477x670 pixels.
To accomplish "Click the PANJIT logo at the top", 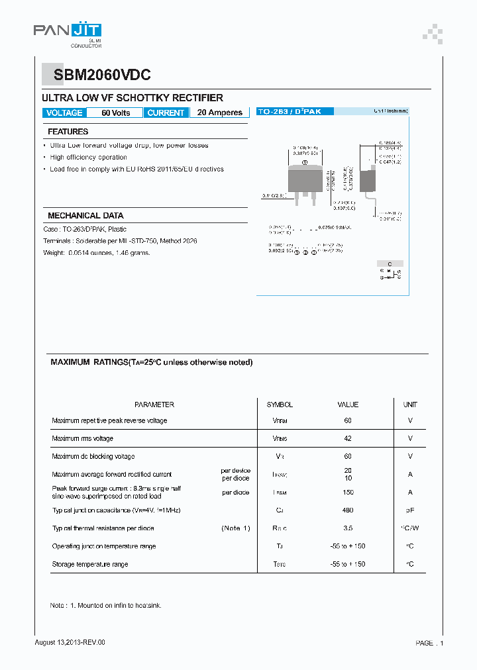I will point(67,30).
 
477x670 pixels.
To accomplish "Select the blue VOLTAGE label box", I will point(64,113).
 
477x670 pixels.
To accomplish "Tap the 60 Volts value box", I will point(115,113).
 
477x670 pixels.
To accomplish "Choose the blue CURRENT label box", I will point(166,113).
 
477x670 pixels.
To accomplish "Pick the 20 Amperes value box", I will point(219,113).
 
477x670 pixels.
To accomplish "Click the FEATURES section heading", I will point(68,132).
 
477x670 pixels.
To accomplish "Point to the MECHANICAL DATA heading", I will point(85,216).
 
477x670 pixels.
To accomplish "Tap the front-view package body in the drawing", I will point(305,179).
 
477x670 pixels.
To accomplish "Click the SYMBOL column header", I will point(280,405).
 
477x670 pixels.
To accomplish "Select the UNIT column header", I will point(410,405).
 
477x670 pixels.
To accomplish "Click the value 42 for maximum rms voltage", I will point(348,438).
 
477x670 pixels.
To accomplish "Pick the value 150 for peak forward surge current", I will point(348,493).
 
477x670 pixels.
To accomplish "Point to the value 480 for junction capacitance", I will point(348,510).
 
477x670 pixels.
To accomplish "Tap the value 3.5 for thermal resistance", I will point(348,528).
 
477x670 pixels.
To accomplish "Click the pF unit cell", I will point(410,510).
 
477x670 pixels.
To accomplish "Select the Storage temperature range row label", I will point(90,564).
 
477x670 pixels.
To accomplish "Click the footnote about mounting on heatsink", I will point(106,606).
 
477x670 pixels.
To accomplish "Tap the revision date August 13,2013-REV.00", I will point(70,643).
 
